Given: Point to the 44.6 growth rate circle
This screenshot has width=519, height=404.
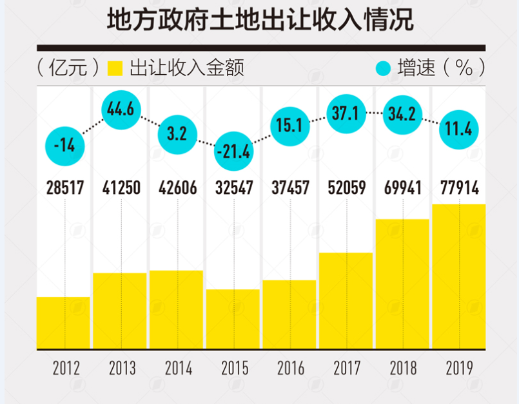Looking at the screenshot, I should (x=121, y=110).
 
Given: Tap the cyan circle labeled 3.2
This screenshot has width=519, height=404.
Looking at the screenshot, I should (x=177, y=134).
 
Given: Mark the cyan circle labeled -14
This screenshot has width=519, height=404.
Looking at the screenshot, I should (x=64, y=146).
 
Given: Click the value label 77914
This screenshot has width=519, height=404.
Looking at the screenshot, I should (x=460, y=188).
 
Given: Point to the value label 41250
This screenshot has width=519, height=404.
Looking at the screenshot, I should (x=121, y=188).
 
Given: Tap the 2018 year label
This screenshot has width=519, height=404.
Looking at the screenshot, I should (x=403, y=369).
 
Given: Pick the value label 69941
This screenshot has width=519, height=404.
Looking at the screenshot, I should (x=403, y=188).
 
